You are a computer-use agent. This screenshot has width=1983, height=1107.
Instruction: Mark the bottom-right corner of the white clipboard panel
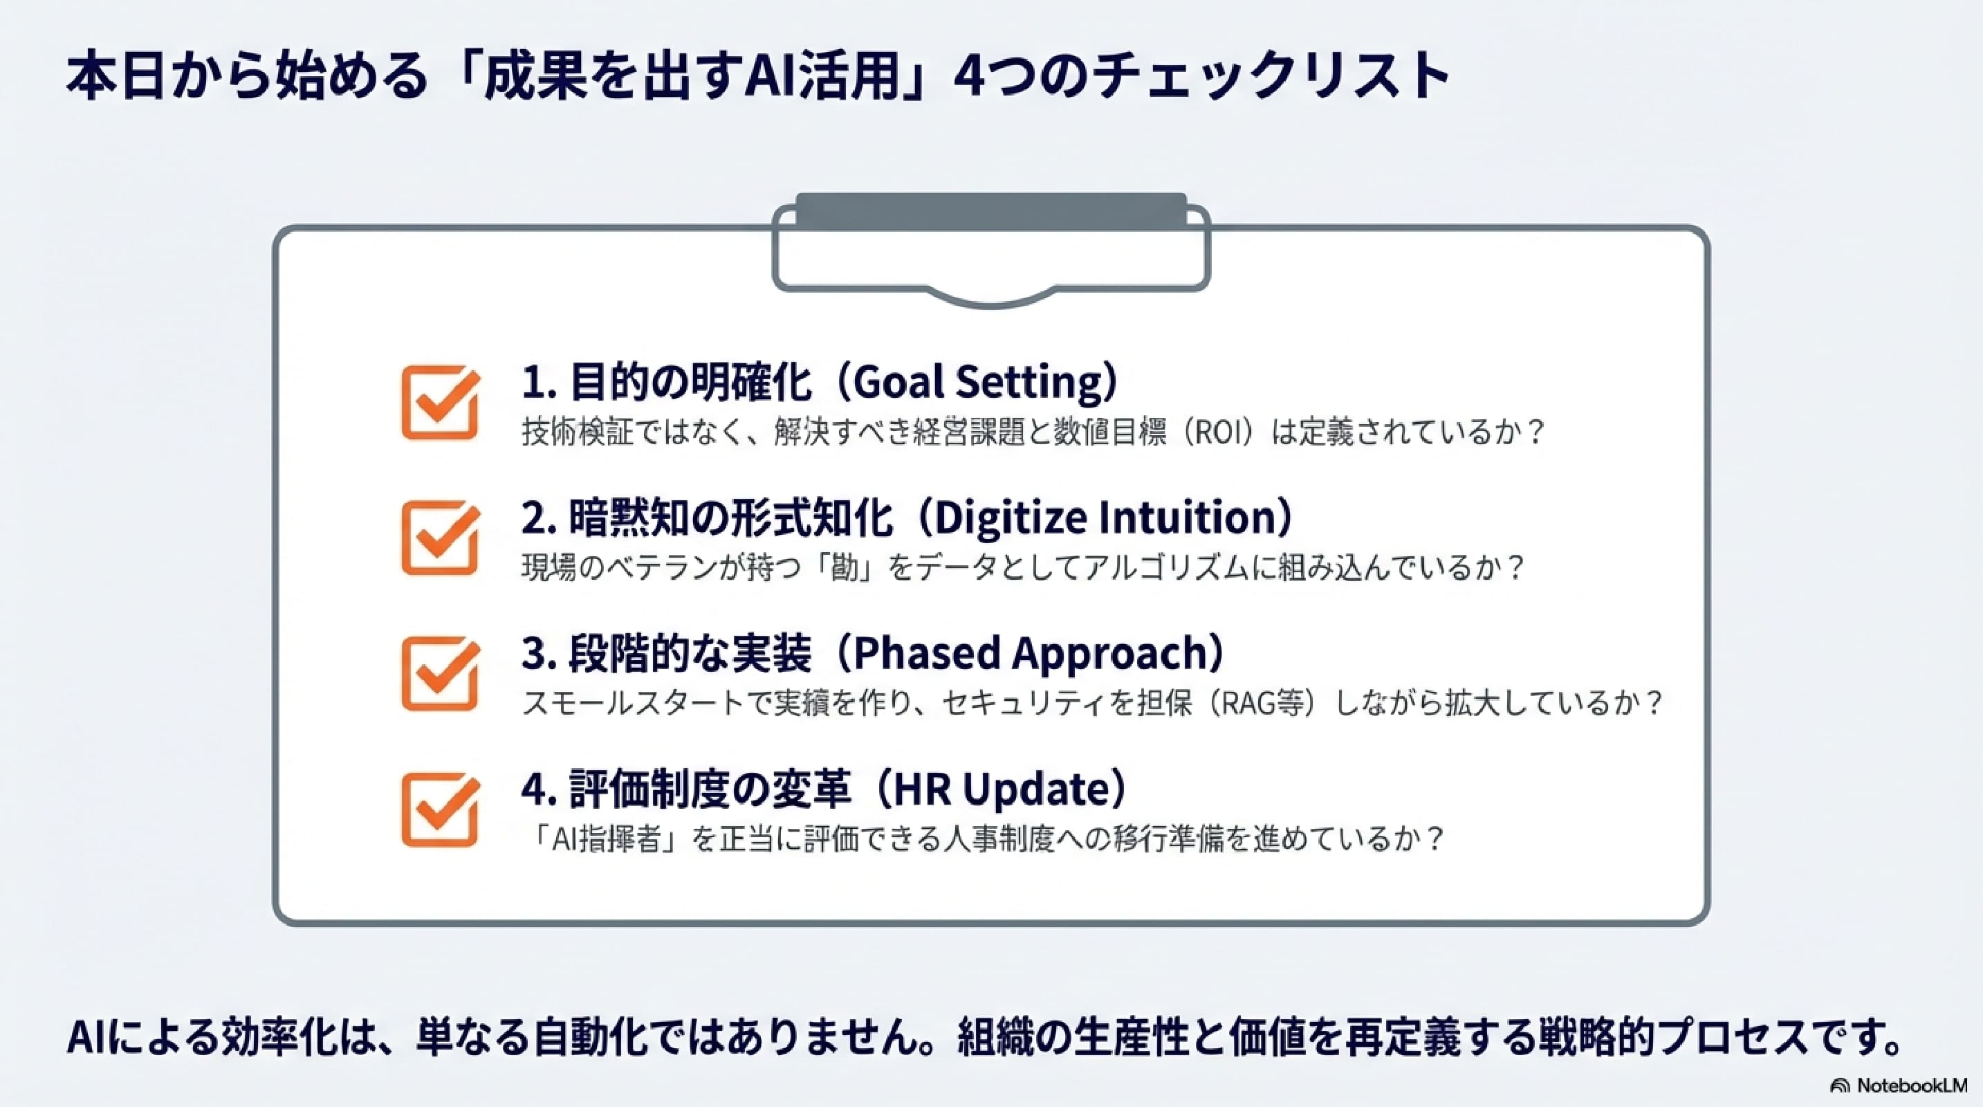click(1709, 924)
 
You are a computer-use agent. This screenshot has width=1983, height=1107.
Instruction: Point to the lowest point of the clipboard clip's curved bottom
click(992, 307)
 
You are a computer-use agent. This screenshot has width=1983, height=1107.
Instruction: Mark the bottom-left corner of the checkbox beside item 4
click(403, 845)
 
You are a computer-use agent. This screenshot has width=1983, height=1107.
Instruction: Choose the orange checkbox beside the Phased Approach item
click(441, 674)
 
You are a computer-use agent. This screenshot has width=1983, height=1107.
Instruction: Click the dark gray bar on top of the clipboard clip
click(992, 211)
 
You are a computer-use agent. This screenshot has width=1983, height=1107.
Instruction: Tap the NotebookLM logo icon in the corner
click(1840, 1086)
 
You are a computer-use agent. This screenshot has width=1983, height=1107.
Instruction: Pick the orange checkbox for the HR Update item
click(441, 810)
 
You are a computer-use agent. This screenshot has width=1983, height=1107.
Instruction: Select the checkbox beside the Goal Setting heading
click(441, 402)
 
